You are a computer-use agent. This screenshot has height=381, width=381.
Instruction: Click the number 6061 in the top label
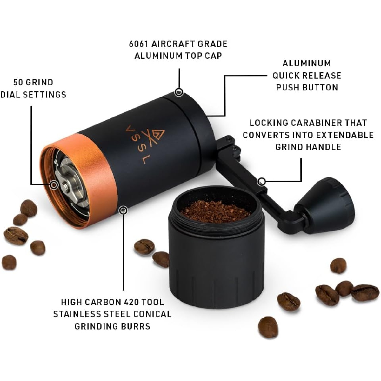point(138,44)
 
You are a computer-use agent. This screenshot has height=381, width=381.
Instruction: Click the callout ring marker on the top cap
point(179,92)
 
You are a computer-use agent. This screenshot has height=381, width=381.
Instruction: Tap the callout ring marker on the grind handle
point(262,181)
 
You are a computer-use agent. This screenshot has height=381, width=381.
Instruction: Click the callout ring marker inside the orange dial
point(54,185)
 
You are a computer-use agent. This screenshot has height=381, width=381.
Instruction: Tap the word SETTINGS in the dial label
point(47,95)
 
